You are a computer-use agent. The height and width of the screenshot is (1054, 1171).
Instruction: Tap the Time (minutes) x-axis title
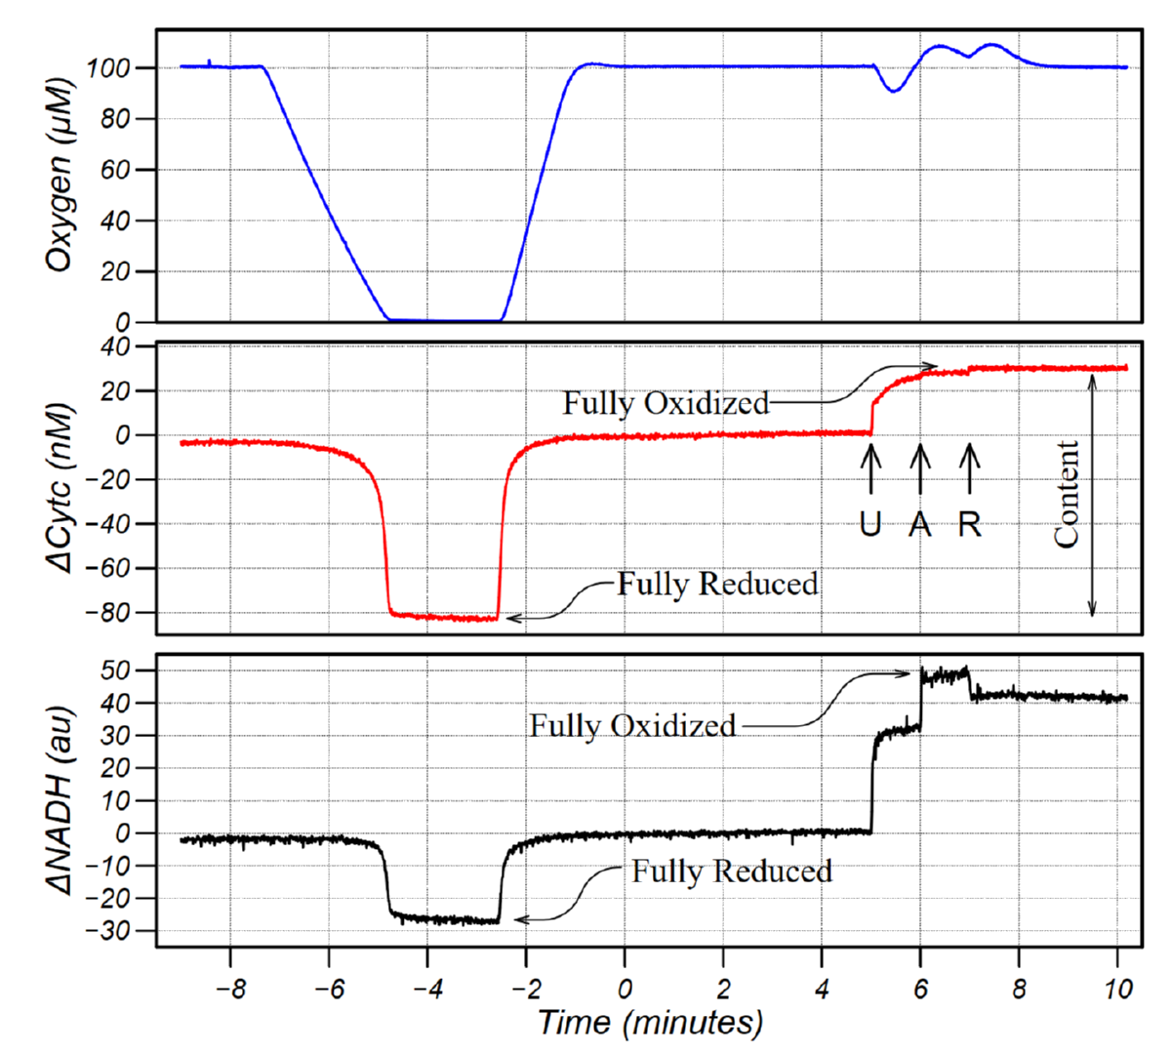tap(650, 1022)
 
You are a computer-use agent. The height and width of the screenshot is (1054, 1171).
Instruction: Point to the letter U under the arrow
tap(870, 524)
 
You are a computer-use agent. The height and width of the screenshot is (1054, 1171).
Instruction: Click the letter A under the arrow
tap(919, 524)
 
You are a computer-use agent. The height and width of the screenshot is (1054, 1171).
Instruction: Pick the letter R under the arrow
tap(969, 524)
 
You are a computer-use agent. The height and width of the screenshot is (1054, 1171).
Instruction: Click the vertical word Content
tap(1067, 493)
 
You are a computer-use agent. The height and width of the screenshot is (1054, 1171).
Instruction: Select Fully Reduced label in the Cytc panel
tap(717, 584)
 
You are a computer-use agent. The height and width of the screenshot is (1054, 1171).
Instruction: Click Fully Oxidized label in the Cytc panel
tap(666, 402)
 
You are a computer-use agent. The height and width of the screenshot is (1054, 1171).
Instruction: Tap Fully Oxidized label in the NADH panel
tap(632, 725)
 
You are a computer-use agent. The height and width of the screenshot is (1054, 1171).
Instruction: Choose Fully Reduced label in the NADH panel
tap(731, 871)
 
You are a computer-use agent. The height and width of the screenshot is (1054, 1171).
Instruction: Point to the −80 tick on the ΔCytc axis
tap(108, 613)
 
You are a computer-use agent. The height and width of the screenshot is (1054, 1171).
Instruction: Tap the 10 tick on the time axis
tap(1118, 988)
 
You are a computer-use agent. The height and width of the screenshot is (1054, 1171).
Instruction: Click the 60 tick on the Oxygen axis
tap(116, 170)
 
